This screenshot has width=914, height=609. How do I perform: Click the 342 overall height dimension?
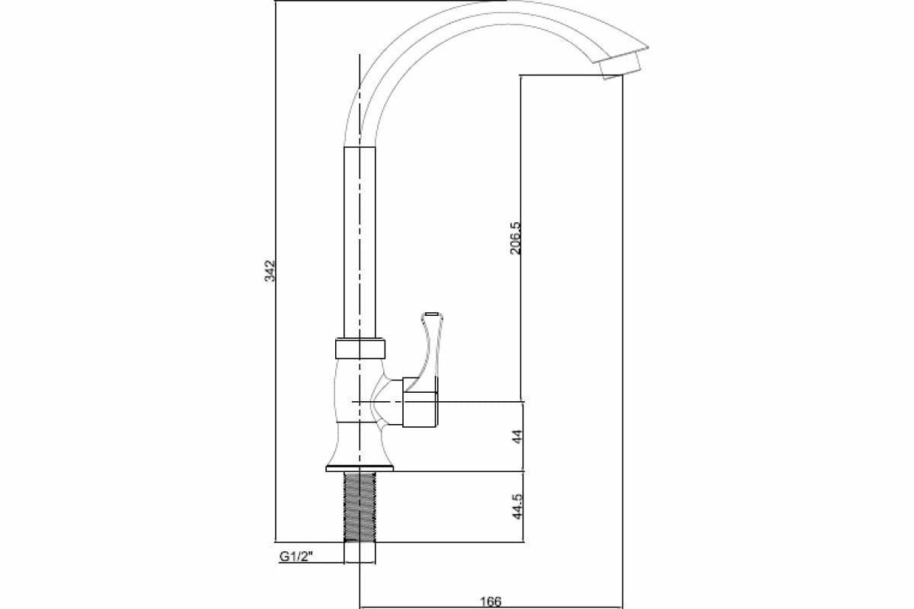pos(269,271)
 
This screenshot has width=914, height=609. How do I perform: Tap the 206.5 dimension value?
pos(515,238)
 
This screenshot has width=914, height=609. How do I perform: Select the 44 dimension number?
pos(516,436)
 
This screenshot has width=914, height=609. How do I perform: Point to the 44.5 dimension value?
pos(516,507)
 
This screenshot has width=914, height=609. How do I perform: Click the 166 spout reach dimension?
pos(491,601)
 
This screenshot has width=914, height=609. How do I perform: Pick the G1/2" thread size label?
pos(298,556)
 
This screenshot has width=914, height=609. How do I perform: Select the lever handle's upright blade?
pos(428,346)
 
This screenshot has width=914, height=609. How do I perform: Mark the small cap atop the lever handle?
pos(431,313)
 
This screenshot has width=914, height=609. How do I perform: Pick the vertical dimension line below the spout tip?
pos(623,343)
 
